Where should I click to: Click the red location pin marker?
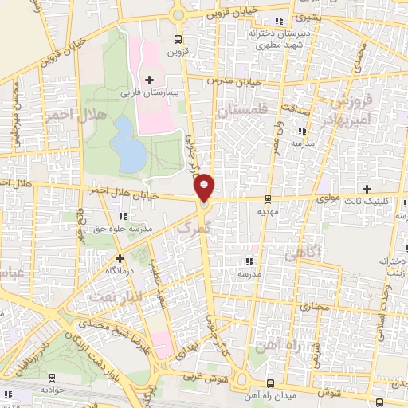(205, 188)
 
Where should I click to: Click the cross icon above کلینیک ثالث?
(367, 189)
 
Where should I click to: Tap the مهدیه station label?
(267, 212)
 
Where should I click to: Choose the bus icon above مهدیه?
(267, 199)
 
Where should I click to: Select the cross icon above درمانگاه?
(120, 258)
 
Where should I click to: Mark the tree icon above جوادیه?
(54, 378)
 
